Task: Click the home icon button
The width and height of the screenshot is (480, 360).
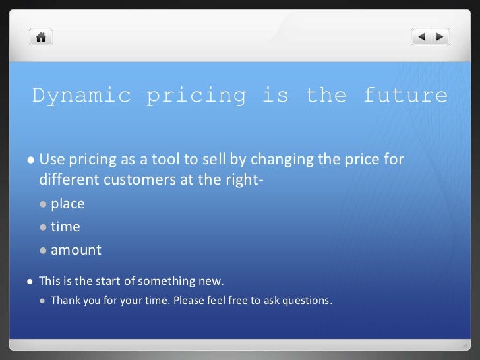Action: [x=41, y=37]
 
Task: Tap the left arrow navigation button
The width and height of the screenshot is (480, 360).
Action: [x=422, y=37]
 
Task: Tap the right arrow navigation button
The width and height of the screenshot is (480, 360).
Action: [x=440, y=37]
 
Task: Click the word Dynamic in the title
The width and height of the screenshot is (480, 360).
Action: [x=82, y=96]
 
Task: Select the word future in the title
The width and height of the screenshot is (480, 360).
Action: [x=405, y=96]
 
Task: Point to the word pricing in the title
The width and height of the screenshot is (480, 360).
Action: [x=196, y=96]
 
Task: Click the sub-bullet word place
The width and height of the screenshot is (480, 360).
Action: [x=68, y=204]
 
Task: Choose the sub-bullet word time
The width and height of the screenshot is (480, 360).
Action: [x=65, y=227]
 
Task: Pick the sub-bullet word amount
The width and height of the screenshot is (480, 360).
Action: [x=76, y=250]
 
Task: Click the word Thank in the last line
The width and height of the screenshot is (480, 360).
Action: [x=65, y=301]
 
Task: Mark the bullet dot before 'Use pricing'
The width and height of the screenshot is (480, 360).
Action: [x=31, y=160]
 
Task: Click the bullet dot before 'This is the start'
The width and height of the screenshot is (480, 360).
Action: [x=31, y=282]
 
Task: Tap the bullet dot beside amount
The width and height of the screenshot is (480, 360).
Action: [x=44, y=251]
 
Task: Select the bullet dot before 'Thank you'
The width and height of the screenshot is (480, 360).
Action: [x=43, y=301]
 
